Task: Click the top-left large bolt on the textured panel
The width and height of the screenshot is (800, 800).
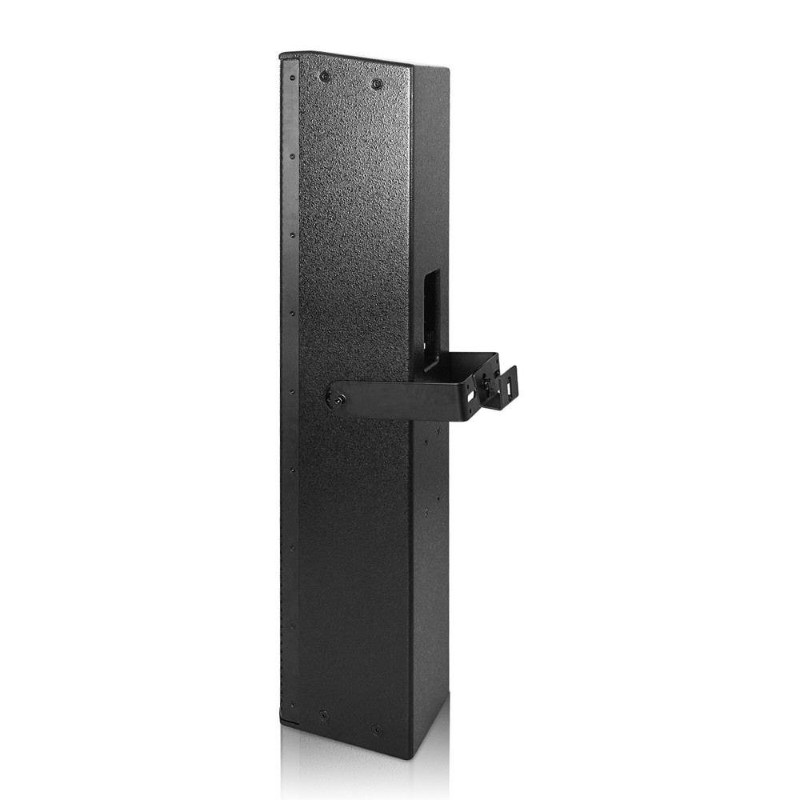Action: tap(325, 76)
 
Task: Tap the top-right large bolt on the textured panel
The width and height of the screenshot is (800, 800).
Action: tap(377, 83)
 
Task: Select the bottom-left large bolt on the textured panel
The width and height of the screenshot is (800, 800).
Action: tap(323, 714)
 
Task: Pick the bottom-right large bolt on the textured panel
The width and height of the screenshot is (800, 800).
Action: tap(376, 730)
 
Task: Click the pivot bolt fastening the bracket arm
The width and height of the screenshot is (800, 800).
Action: tap(338, 398)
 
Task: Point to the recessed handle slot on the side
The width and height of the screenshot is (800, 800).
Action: tap(431, 316)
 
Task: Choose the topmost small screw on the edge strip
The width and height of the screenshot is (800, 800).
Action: tap(293, 78)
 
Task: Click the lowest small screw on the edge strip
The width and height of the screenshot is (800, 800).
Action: tap(293, 704)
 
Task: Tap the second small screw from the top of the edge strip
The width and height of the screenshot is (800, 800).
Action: tap(293, 156)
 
